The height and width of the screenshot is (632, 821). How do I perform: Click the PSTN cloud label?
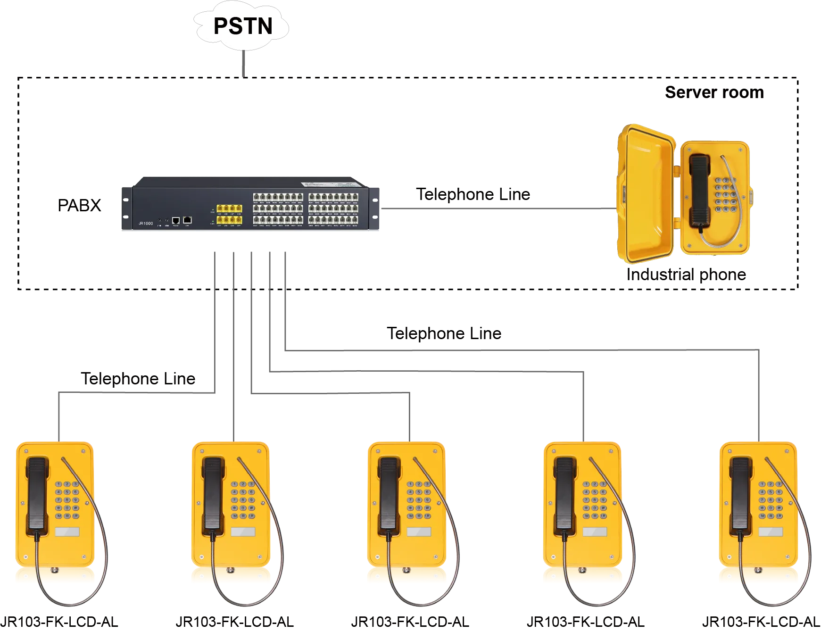(243, 26)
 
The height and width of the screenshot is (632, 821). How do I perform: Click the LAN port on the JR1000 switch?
(187, 220)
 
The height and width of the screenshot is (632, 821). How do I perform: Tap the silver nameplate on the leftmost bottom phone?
(67, 532)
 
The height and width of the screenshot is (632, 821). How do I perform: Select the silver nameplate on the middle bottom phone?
(418, 532)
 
